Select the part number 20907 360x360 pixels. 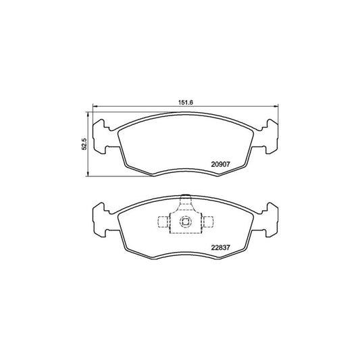click(222, 163)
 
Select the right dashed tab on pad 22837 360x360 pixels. click(209, 221)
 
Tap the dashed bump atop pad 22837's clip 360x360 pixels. click(184, 201)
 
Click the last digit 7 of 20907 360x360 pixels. click(230, 163)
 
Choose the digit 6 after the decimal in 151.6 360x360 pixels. click(192, 103)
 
